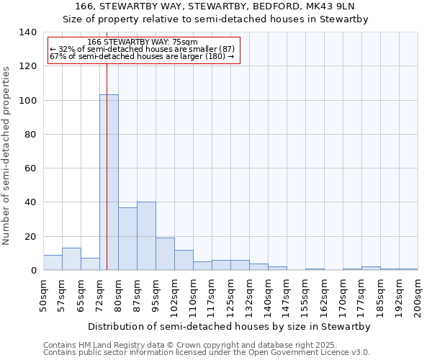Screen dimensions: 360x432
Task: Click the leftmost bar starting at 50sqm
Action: [53, 263]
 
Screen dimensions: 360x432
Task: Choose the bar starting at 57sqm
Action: [71, 259]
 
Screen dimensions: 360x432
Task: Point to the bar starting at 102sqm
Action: [184, 260]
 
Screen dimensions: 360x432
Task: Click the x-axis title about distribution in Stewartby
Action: [230, 327]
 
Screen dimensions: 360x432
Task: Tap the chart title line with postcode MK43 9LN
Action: [215, 6]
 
